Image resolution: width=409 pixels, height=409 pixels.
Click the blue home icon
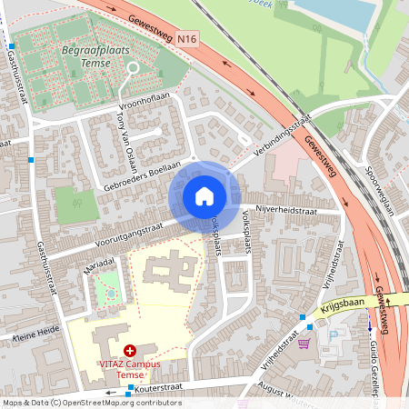[x=204, y=196]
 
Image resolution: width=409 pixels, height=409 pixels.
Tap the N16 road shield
[x=188, y=39]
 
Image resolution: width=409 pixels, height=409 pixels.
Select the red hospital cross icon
[x=130, y=350]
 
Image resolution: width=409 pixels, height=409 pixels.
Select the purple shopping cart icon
[x=304, y=343]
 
